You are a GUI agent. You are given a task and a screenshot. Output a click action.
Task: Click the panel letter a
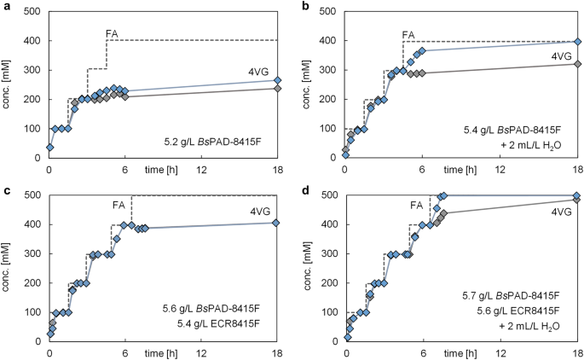tap(4, 6)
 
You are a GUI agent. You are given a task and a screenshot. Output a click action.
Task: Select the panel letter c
tap(4, 189)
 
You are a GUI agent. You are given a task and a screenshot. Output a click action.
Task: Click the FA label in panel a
tap(112, 33)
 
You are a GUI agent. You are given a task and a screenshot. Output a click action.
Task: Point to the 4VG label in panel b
tap(560, 56)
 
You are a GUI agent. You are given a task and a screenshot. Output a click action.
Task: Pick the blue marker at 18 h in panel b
tap(577, 42)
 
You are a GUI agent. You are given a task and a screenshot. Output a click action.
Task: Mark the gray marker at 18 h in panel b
tap(577, 64)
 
